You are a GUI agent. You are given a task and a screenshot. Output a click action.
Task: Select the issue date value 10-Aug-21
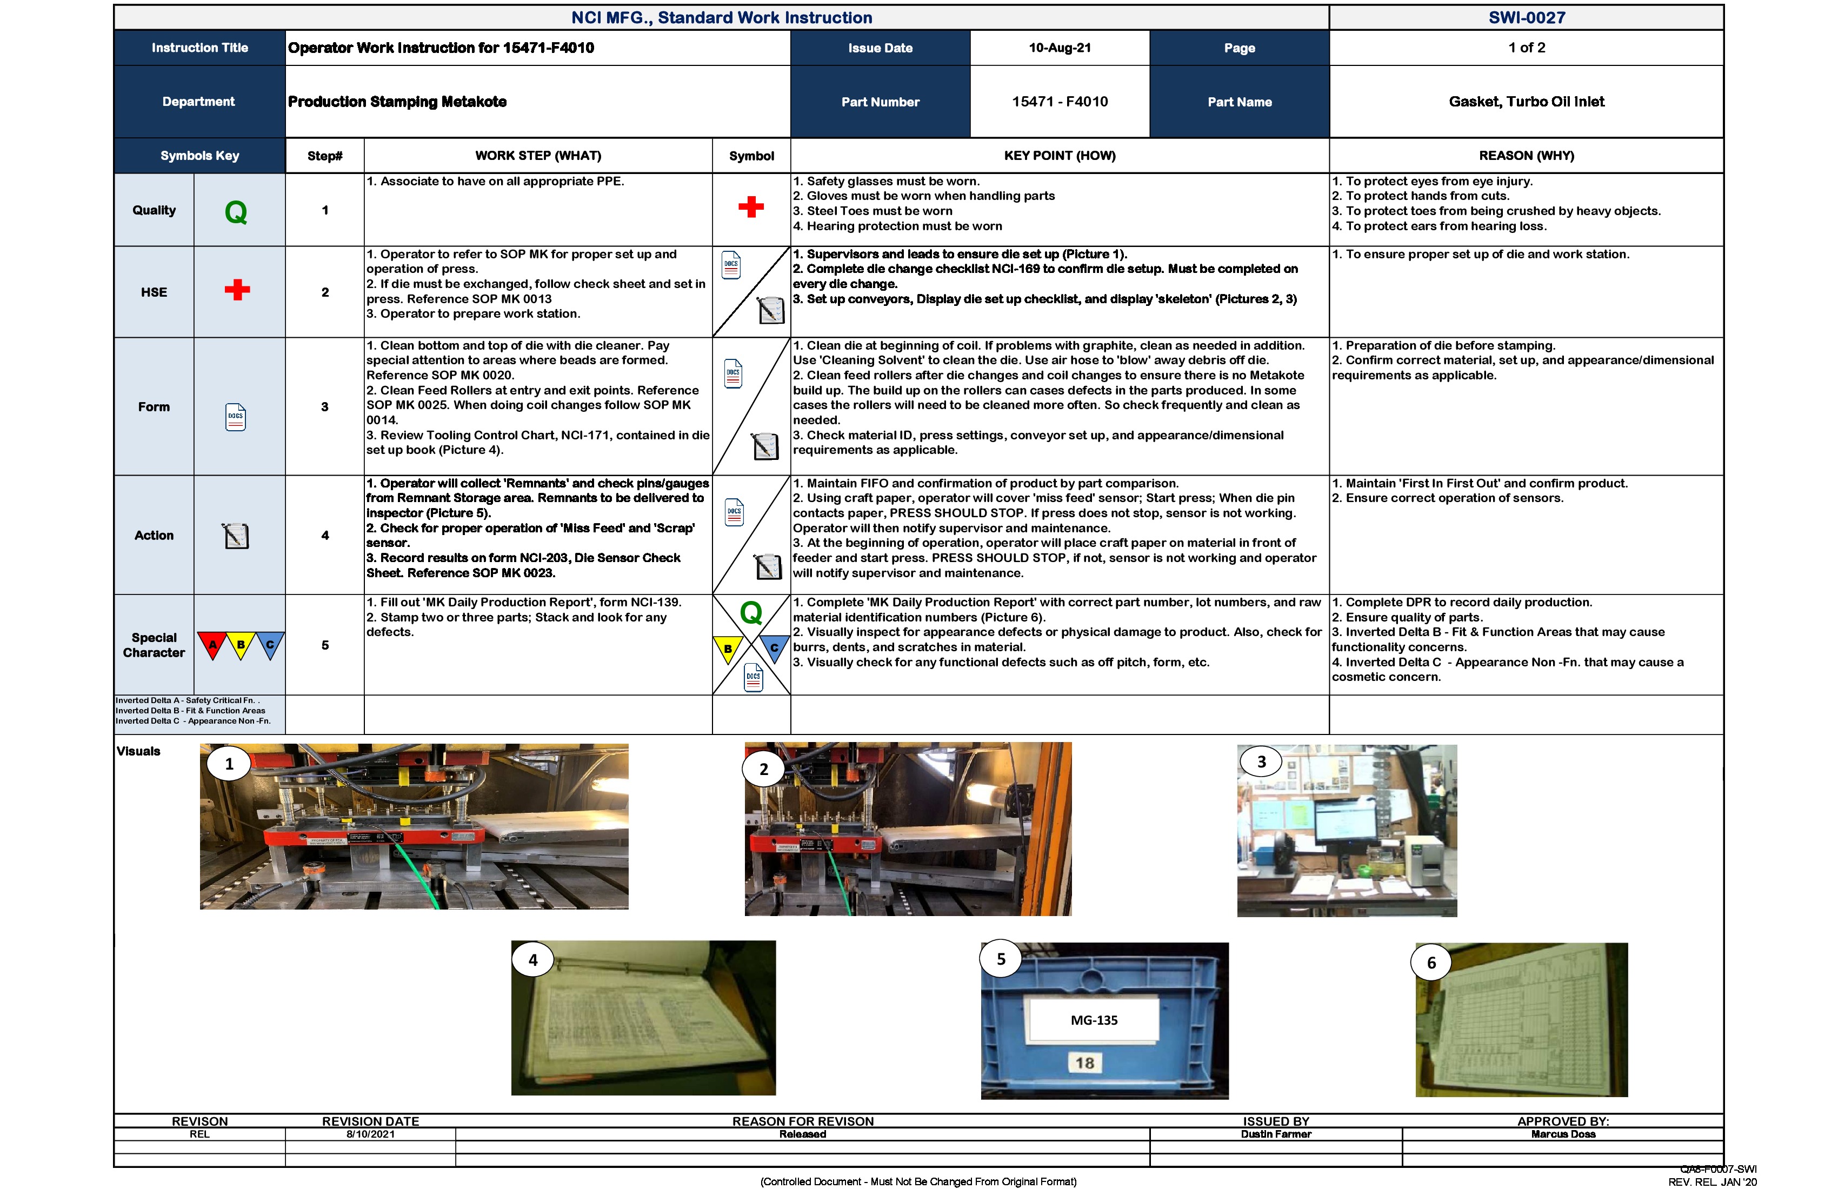tap(1060, 48)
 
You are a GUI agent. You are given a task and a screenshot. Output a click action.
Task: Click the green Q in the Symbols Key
tap(236, 211)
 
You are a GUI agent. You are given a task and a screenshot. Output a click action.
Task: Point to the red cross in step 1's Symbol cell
tap(751, 207)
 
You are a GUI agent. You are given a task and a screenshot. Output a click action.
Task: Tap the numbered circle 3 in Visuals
tap(1261, 762)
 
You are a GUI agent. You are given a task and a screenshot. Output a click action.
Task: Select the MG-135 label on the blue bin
tap(1094, 1020)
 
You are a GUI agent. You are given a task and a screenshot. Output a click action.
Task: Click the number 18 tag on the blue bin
tap(1084, 1063)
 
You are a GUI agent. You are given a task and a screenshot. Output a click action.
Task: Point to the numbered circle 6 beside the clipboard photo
tap(1431, 963)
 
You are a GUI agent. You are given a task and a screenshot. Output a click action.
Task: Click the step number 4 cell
tap(325, 535)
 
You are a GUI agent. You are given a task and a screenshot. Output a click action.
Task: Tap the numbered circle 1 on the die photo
tap(229, 764)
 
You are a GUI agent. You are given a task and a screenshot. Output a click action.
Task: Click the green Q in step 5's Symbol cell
tap(751, 613)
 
